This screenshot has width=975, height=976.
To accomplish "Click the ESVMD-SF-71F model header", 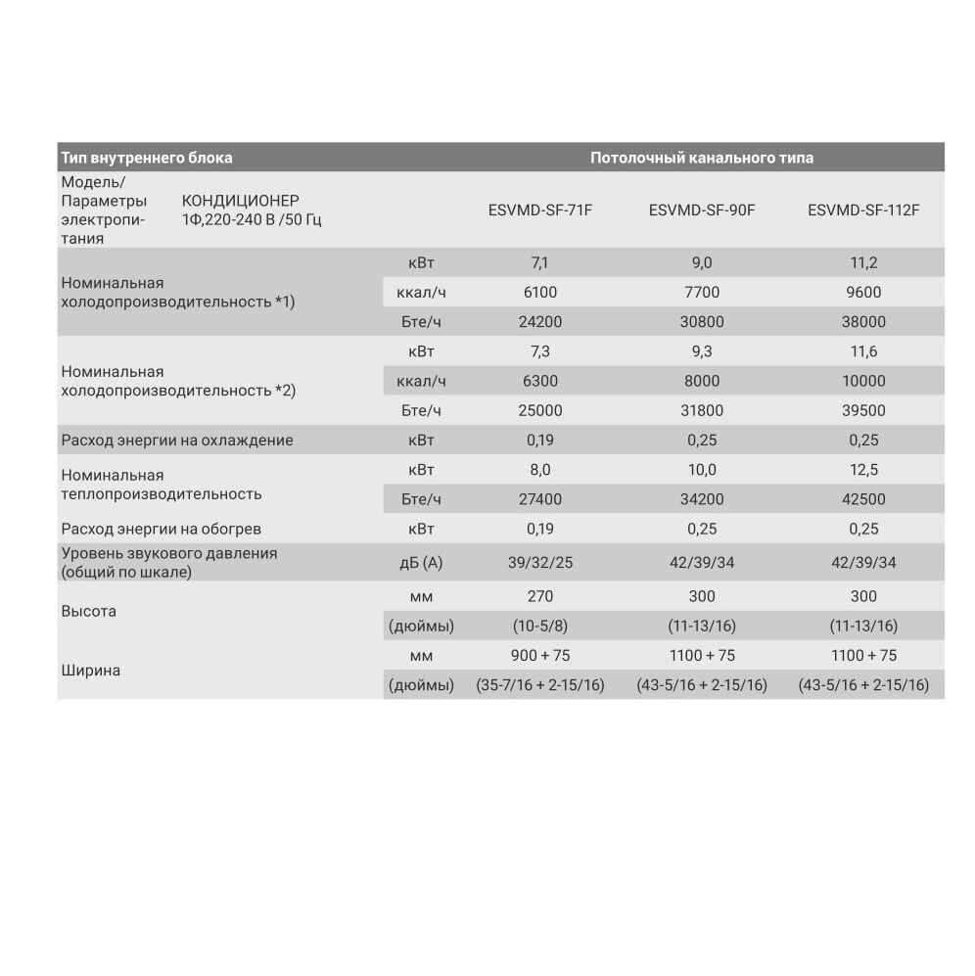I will (x=539, y=209).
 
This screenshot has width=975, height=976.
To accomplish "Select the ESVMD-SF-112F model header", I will (x=863, y=209).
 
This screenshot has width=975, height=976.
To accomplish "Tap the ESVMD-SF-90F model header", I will (x=702, y=209).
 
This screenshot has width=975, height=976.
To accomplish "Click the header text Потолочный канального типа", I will (x=702, y=158).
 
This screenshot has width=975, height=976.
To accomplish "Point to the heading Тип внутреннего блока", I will (x=147, y=158).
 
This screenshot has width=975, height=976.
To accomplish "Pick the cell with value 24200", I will (x=539, y=321).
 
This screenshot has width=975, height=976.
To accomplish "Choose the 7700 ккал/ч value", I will (x=702, y=292).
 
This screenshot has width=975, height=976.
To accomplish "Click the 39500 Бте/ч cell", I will (x=863, y=410).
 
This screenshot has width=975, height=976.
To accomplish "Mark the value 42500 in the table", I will (x=863, y=499).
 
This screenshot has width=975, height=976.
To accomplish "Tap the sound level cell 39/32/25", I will (x=539, y=562).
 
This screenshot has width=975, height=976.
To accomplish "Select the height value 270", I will (x=539, y=596).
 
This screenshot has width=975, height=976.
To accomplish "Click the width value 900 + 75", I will (x=539, y=655).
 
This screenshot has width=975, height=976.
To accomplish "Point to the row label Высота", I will (x=88, y=611).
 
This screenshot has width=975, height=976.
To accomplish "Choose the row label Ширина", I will (x=90, y=671).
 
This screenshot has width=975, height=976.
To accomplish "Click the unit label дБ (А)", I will (x=421, y=562).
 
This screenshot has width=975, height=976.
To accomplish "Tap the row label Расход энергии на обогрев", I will (x=161, y=529).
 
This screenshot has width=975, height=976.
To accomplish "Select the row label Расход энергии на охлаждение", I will (x=176, y=441).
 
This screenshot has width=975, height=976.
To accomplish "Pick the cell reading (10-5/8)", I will (x=539, y=626).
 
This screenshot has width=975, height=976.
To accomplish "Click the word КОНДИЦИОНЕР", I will (x=241, y=201).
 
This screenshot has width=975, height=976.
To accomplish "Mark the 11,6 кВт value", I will (x=863, y=350).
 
